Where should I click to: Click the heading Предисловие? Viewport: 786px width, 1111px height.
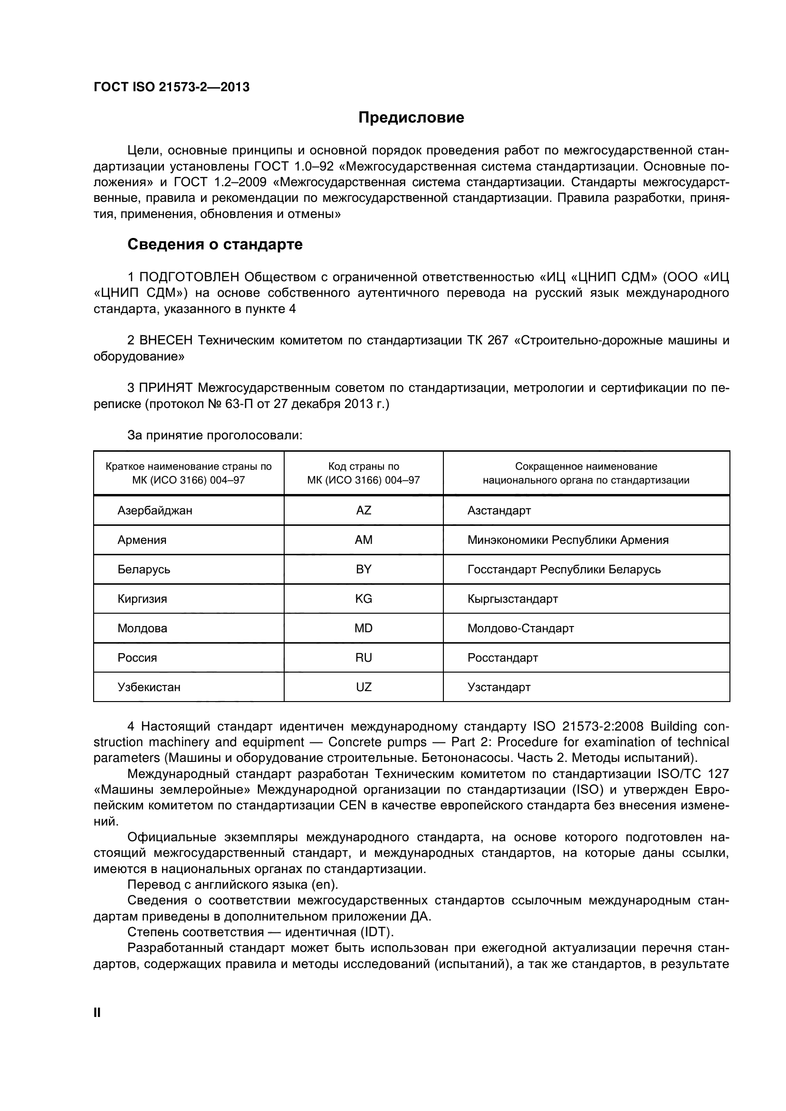tap(411, 118)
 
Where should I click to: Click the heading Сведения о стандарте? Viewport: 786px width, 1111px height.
tap(215, 244)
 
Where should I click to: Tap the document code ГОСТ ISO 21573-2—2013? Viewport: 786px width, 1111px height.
tap(172, 87)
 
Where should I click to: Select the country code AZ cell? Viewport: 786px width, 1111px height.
tap(364, 510)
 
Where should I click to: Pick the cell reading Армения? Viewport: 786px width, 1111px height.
tap(142, 540)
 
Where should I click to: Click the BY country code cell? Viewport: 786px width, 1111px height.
tap(364, 569)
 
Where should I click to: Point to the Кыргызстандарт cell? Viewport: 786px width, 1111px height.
tap(513, 598)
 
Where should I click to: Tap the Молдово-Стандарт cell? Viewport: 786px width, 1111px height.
tap(520, 628)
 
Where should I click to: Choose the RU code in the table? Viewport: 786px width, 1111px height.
tap(364, 657)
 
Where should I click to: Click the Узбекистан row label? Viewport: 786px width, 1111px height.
tap(149, 687)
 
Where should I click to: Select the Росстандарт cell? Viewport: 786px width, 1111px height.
tap(502, 657)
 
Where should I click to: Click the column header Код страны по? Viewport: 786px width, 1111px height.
tap(364, 466)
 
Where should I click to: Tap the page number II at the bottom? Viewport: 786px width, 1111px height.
tap(97, 1012)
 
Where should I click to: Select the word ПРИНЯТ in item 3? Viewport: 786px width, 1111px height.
tap(166, 388)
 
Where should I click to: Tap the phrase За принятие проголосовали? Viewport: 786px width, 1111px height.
tap(214, 435)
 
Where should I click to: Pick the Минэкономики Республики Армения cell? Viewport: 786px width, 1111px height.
tap(568, 540)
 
